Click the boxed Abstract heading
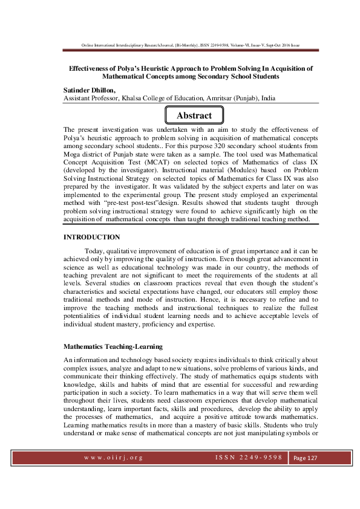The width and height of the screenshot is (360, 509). click(194, 115)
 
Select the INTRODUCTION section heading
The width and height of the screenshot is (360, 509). click(91, 237)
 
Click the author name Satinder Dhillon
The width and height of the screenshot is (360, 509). click(89, 89)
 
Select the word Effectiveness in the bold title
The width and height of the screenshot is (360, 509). click(85, 69)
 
